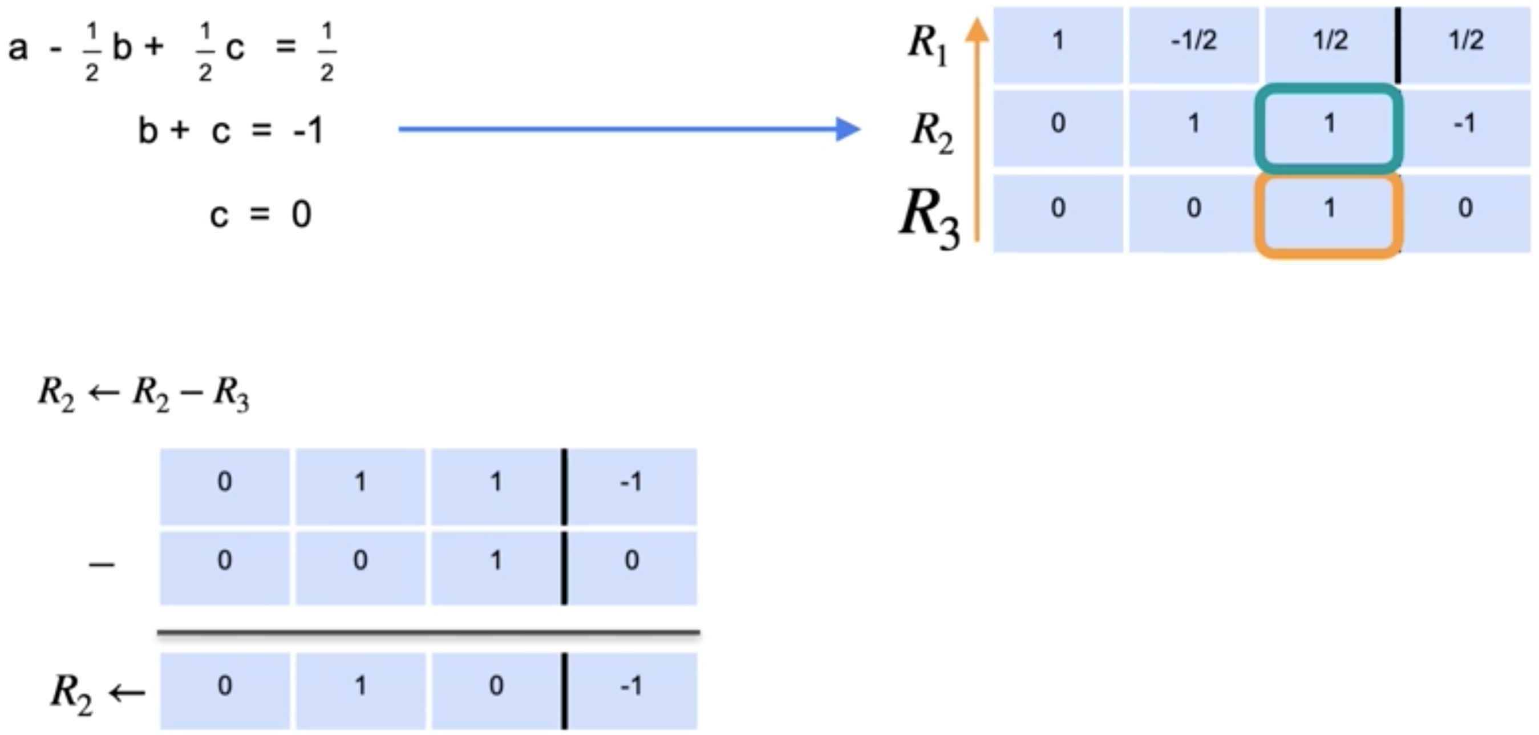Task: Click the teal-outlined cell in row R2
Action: click(x=1329, y=127)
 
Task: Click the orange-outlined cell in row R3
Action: click(x=1329, y=213)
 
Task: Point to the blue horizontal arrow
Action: click(x=627, y=129)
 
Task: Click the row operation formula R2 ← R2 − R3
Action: click(x=143, y=395)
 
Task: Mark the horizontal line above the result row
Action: click(x=428, y=632)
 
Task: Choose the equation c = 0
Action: click(x=261, y=215)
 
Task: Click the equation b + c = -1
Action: click(x=230, y=130)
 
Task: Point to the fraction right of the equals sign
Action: click(x=327, y=52)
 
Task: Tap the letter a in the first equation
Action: click(x=18, y=47)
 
